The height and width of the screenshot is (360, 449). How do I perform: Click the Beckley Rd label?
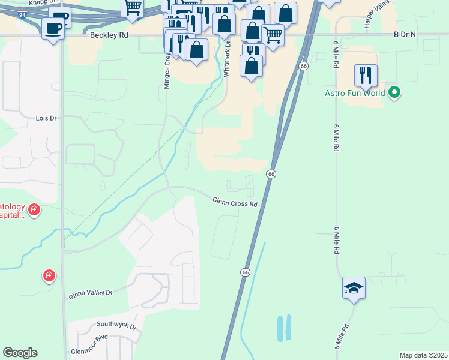(x=109, y=35)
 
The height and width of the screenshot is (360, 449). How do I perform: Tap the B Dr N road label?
(x=405, y=35)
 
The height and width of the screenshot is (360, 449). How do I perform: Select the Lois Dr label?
(x=46, y=118)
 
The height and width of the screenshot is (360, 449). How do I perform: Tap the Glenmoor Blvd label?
(x=89, y=337)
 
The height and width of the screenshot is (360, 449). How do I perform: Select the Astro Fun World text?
(x=354, y=93)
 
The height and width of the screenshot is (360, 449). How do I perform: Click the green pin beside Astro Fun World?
(x=394, y=92)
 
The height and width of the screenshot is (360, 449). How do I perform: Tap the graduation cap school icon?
(x=354, y=288)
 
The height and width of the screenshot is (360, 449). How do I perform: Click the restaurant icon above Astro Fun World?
(x=366, y=75)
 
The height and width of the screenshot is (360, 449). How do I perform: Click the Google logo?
(x=20, y=353)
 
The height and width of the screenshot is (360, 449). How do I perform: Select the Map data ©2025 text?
(x=423, y=355)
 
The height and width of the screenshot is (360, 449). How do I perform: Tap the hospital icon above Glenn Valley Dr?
(x=49, y=276)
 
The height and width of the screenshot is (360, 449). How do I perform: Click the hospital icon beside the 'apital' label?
(x=35, y=210)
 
